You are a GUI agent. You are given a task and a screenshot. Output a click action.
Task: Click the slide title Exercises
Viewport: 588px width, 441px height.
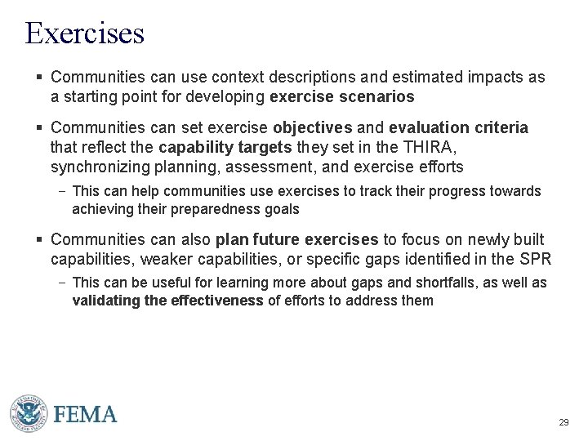tap(85, 33)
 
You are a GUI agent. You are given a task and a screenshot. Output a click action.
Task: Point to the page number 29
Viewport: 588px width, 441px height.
tap(563, 423)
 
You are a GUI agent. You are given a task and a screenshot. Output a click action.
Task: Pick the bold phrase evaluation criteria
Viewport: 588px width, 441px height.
tap(459, 128)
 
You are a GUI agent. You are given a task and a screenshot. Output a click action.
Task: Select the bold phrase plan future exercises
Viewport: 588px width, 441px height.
tap(296, 240)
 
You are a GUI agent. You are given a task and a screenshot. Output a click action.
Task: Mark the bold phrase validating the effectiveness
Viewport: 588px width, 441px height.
tap(168, 300)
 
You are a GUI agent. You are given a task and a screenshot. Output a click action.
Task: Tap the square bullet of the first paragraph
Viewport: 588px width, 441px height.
tap(38, 78)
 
